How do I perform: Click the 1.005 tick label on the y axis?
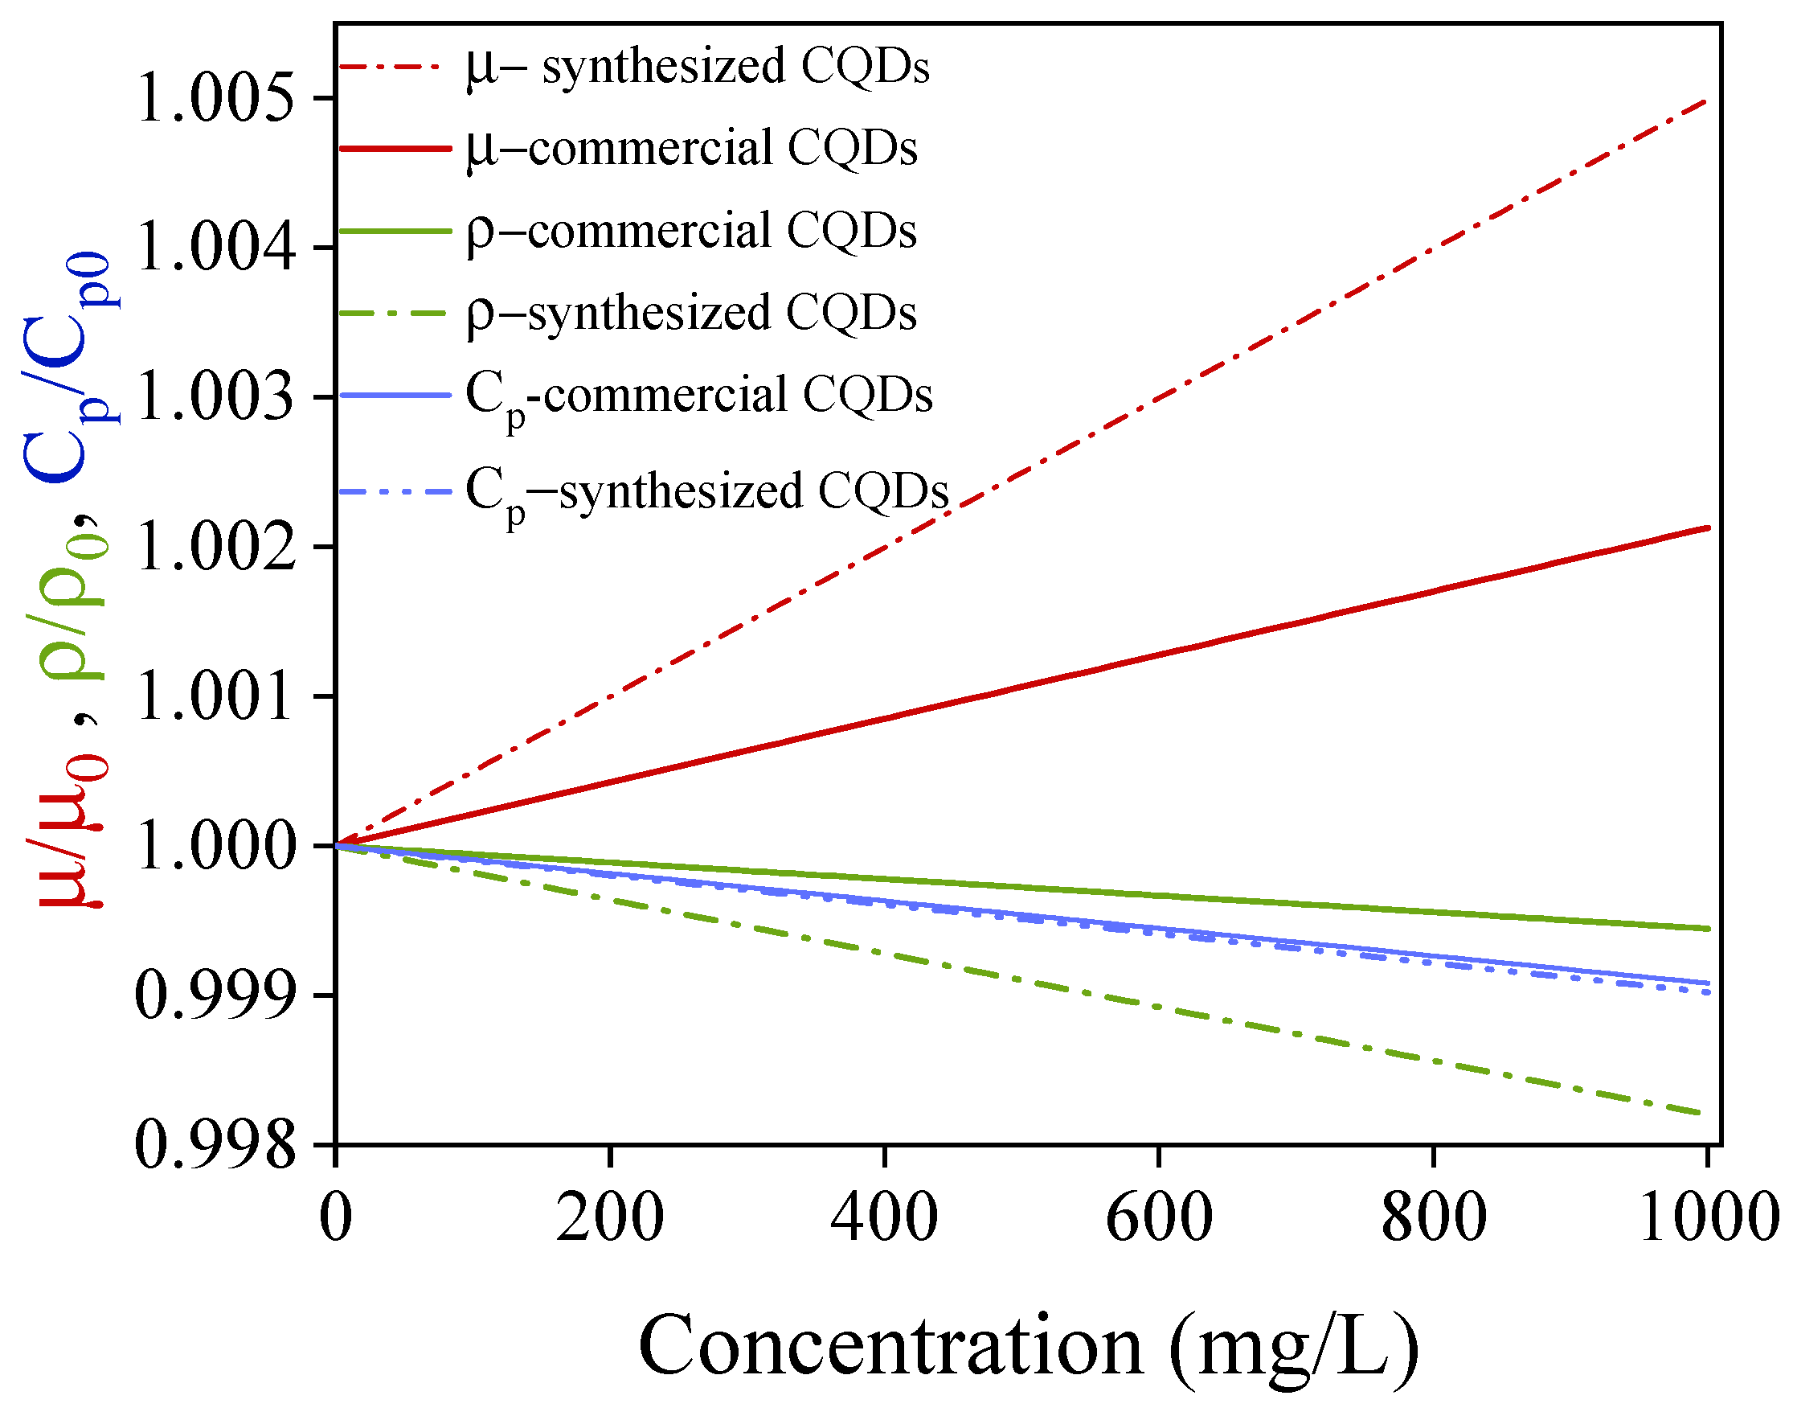click(x=215, y=98)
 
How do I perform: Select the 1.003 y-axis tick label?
click(x=215, y=396)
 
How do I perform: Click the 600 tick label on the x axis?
click(x=1158, y=1217)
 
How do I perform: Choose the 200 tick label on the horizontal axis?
click(x=610, y=1217)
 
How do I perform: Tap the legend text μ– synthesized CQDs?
click(x=698, y=66)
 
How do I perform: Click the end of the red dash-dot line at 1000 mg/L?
click(x=1705, y=101)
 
